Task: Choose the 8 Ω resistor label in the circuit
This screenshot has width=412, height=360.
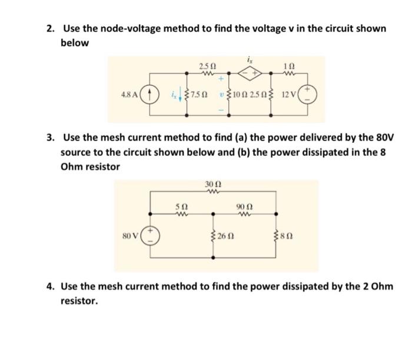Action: (287, 237)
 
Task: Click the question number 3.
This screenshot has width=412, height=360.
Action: (51, 138)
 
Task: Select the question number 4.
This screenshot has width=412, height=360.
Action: (51, 286)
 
